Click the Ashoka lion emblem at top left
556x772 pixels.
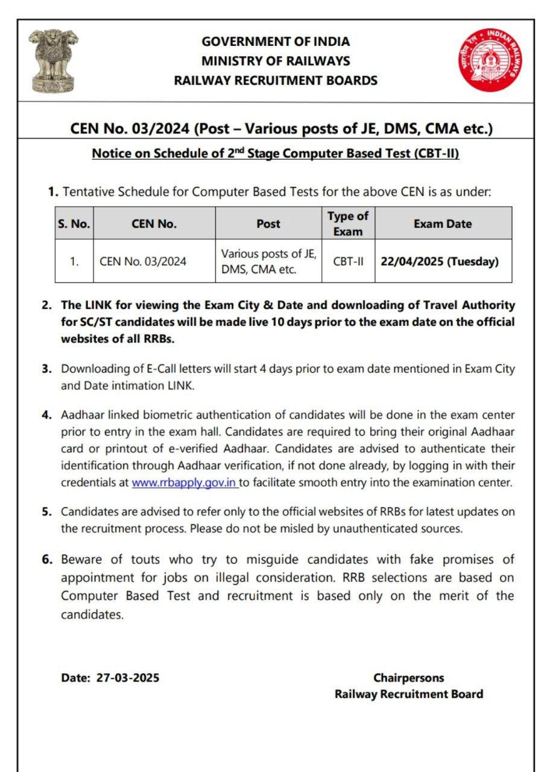click(53, 60)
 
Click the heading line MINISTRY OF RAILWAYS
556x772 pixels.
click(276, 61)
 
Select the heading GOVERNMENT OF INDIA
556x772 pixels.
click(276, 42)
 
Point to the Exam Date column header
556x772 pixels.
click(443, 224)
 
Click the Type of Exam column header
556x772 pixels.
click(348, 224)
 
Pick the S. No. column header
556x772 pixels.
click(74, 224)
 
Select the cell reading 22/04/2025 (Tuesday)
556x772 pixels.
click(440, 262)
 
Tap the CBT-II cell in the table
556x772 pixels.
click(348, 262)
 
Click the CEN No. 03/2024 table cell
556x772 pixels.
click(143, 262)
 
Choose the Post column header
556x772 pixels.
click(268, 224)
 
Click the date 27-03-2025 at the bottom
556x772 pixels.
click(128, 677)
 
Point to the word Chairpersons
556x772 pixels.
click(408, 677)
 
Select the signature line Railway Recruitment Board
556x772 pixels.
click(409, 694)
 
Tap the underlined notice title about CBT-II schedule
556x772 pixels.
click(276, 154)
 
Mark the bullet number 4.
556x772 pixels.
click(46, 416)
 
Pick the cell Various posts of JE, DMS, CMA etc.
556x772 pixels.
click(268, 262)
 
